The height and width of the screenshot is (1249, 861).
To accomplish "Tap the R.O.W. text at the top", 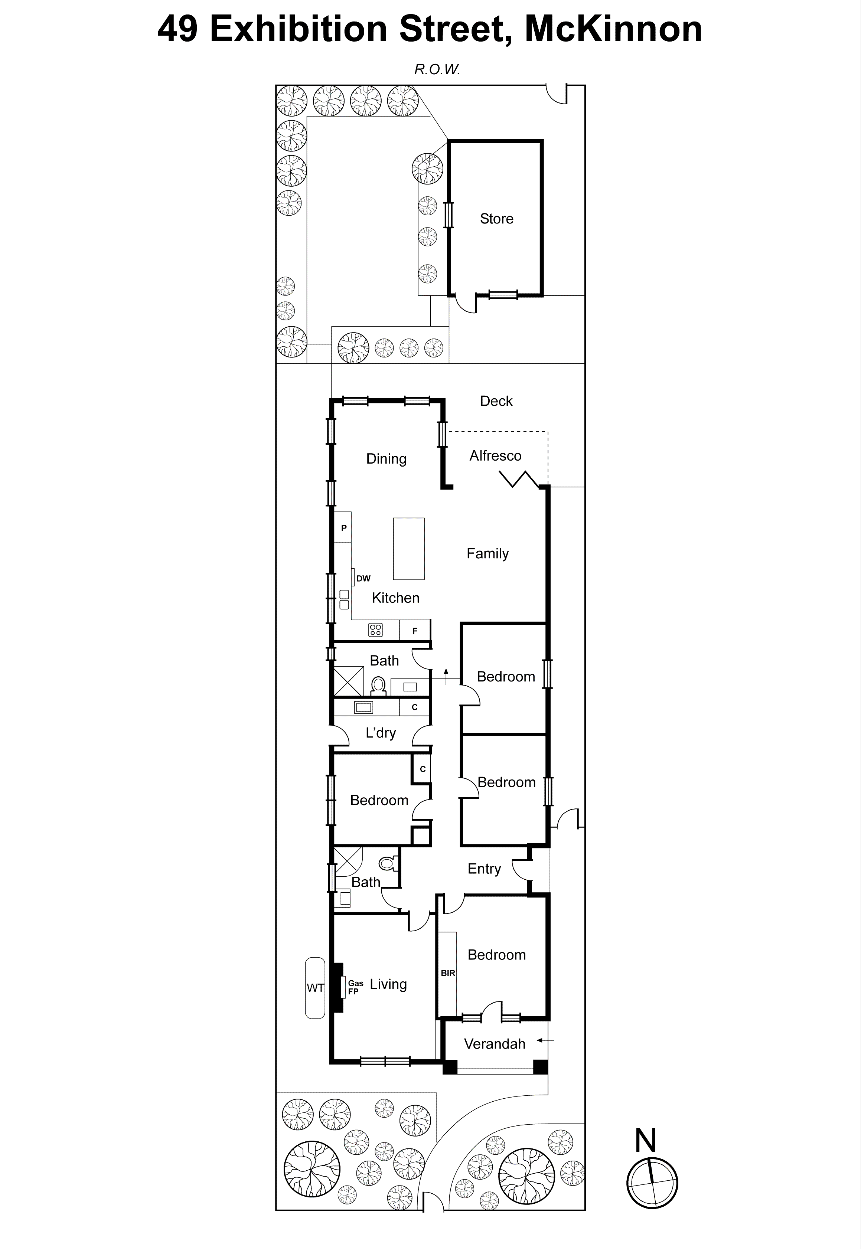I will (436, 69).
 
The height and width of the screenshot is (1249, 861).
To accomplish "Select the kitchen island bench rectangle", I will (408, 549).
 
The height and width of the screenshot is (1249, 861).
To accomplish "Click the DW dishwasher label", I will (363, 579).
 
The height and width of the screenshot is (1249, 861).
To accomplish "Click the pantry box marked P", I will (343, 528).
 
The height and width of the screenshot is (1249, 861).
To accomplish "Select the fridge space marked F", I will (414, 630).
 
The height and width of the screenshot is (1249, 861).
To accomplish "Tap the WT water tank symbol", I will (315, 988).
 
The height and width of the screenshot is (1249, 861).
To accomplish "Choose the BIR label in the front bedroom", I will (448, 974).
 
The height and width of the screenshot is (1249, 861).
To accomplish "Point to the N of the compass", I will (645, 1140).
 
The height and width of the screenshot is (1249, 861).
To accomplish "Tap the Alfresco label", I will (495, 456).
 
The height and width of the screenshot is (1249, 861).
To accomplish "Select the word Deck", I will (496, 401).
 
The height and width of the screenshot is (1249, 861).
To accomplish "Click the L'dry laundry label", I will (381, 733).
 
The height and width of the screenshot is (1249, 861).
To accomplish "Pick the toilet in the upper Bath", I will (379, 686).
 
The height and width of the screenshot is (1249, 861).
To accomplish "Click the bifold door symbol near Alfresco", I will (518, 479).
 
